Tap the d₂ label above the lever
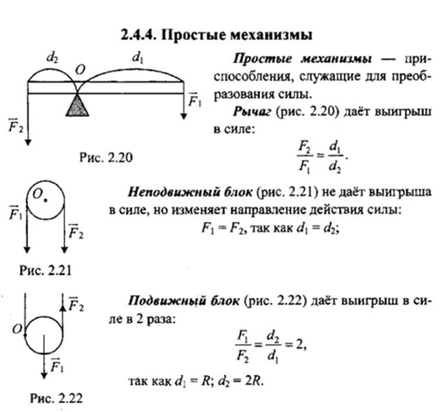click(52, 58)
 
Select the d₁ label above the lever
click(137, 58)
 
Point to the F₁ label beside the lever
click(194, 100)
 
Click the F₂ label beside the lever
click(15, 125)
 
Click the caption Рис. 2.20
click(106, 157)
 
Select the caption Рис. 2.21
click(45, 270)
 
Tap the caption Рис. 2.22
click(57, 399)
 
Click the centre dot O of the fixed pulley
click(45, 200)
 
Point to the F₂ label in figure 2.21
click(76, 232)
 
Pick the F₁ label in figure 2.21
click(15, 213)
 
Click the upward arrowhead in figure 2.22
click(63, 307)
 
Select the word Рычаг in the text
click(252, 112)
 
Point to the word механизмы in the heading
click(271, 35)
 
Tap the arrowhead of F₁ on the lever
click(184, 116)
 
